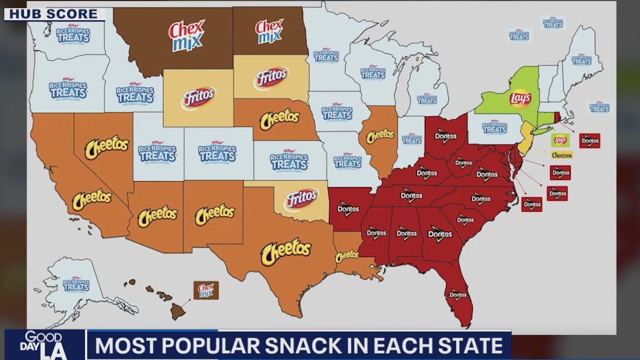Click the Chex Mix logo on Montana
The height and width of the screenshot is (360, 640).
pyautogui.click(x=186, y=35)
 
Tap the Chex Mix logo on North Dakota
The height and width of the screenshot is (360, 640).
pyautogui.click(x=269, y=32)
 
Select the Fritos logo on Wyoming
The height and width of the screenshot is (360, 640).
pyautogui.click(x=198, y=98)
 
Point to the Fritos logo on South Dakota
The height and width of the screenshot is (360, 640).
pyautogui.click(x=270, y=79)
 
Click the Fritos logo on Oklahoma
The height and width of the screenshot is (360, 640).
pyautogui.click(x=301, y=200)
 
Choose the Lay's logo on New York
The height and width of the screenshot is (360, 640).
pyautogui.click(x=520, y=98)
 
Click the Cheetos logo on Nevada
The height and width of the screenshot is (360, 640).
pyautogui.click(x=107, y=146)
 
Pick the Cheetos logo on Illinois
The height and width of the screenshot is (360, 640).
pyautogui.click(x=380, y=135)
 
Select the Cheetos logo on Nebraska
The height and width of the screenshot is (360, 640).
pyautogui.click(x=280, y=118)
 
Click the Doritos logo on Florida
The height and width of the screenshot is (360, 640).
pyautogui.click(x=457, y=295)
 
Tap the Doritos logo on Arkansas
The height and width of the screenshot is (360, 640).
pyautogui.click(x=348, y=208)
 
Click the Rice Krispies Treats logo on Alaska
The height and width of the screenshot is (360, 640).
pyautogui.click(x=76, y=285)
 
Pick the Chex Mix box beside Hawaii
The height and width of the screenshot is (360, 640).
pyautogui.click(x=206, y=290)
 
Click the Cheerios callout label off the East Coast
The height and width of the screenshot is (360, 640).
pyautogui.click(x=561, y=155)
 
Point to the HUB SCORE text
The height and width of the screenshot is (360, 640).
pyautogui.click(x=53, y=14)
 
